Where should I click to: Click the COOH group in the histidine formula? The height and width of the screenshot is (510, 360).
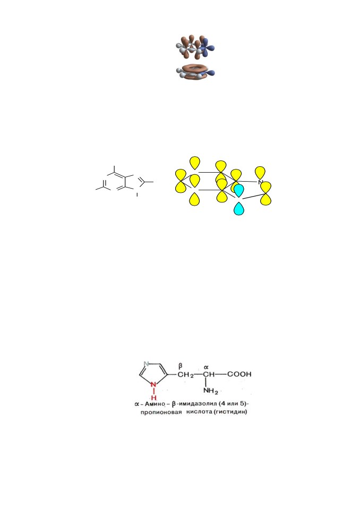(239, 374)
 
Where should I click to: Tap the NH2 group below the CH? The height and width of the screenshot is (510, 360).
(211, 391)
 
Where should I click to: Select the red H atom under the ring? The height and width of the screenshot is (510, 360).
(154, 397)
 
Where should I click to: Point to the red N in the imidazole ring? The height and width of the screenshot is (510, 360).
(154, 385)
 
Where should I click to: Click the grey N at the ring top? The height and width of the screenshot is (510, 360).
(147, 364)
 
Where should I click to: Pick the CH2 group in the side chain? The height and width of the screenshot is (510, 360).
(186, 375)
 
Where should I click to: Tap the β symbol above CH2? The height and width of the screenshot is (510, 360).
(181, 366)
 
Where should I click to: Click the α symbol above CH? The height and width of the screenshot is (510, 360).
(206, 367)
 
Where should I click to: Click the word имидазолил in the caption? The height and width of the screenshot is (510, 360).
(198, 404)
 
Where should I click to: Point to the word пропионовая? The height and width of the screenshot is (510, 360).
(161, 412)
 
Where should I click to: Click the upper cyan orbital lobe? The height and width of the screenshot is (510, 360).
(239, 191)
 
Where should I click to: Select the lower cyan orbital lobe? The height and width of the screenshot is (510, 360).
(239, 208)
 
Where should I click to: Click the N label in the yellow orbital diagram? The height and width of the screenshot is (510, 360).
(260, 182)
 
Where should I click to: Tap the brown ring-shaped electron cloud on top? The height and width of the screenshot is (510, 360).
(195, 67)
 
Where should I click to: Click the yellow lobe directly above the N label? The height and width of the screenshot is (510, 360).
(260, 172)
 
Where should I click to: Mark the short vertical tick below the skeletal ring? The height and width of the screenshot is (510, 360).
(137, 194)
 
